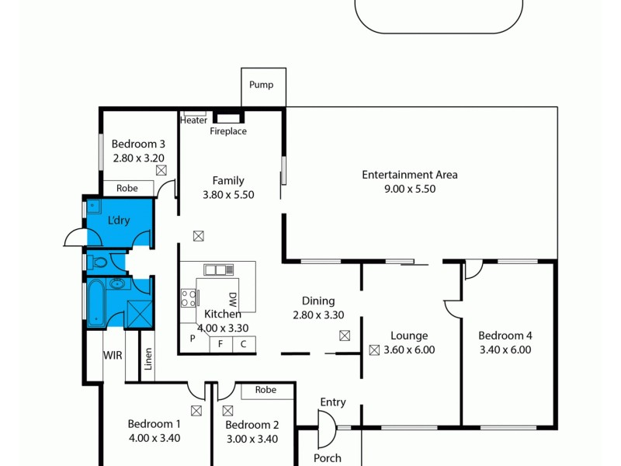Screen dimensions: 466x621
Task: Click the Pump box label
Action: click(262, 85)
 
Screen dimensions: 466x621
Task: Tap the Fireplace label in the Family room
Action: click(228, 131)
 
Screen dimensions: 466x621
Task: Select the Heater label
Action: click(194, 120)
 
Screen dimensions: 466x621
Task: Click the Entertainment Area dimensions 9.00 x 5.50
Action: click(409, 189)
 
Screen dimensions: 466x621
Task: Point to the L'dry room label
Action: click(119, 221)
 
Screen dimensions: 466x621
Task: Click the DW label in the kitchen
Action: click(232, 300)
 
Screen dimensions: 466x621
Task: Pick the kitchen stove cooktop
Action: click(189, 298)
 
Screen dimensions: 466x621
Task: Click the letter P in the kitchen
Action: click(193, 339)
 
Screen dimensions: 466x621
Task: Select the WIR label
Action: click(113, 356)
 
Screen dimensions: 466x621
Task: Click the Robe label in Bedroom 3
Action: click(127, 188)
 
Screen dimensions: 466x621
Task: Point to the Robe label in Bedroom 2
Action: click(265, 391)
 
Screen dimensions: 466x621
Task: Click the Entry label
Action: click(332, 402)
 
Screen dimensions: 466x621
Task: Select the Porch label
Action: click(327, 458)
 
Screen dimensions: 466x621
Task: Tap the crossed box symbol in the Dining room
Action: click(345, 336)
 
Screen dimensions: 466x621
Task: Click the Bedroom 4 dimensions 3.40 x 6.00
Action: click(505, 349)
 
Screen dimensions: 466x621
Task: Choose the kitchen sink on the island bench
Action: click(218, 270)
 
